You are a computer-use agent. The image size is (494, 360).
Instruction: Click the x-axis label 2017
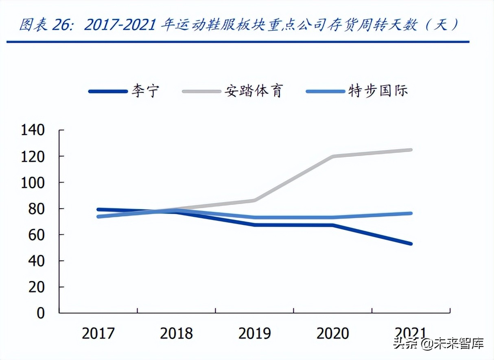coord(98,334)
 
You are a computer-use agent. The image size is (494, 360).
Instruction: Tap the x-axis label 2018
coord(176,334)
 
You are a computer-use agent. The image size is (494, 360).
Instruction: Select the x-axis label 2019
coord(254,334)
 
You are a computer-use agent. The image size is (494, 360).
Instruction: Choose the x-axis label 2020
coord(332,334)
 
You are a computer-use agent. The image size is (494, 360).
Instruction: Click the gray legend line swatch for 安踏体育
coord(201,91)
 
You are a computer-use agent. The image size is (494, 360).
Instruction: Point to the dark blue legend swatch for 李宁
coord(108,91)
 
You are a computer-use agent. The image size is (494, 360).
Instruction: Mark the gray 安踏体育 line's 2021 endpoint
coord(411,150)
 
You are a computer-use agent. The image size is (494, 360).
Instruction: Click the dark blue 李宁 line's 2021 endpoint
coord(411,244)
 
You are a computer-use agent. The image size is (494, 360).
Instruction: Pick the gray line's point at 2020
coord(333,156)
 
